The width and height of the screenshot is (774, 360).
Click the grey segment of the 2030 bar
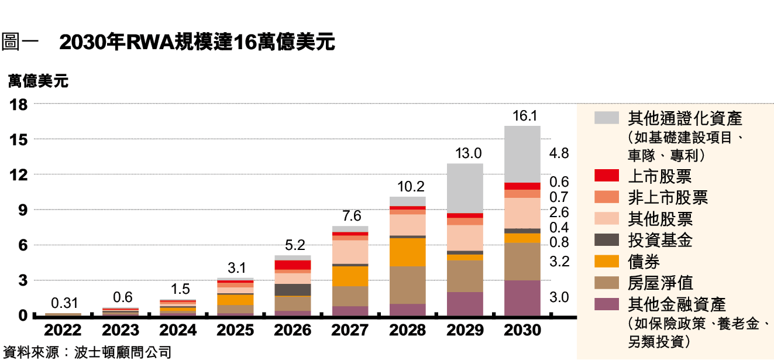[522, 154]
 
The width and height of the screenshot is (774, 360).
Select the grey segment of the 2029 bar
[465, 188]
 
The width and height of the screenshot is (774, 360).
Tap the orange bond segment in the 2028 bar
[408, 252]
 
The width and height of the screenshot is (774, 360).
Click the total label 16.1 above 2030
[524, 116]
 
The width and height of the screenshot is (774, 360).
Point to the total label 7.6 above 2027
[351, 216]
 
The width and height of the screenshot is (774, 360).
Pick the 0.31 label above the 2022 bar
[64, 303]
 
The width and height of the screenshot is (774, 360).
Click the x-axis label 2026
[293, 331]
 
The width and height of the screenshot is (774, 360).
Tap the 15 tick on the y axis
[19, 140]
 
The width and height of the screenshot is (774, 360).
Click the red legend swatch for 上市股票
[606, 175]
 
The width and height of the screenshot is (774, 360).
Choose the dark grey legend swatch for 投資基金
[606, 239]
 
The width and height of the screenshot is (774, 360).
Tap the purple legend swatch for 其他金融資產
[606, 304]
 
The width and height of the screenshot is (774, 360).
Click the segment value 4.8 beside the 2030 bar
[559, 154]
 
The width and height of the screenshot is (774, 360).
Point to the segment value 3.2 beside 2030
[559, 262]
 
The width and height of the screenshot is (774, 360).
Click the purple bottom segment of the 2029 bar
[465, 304]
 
